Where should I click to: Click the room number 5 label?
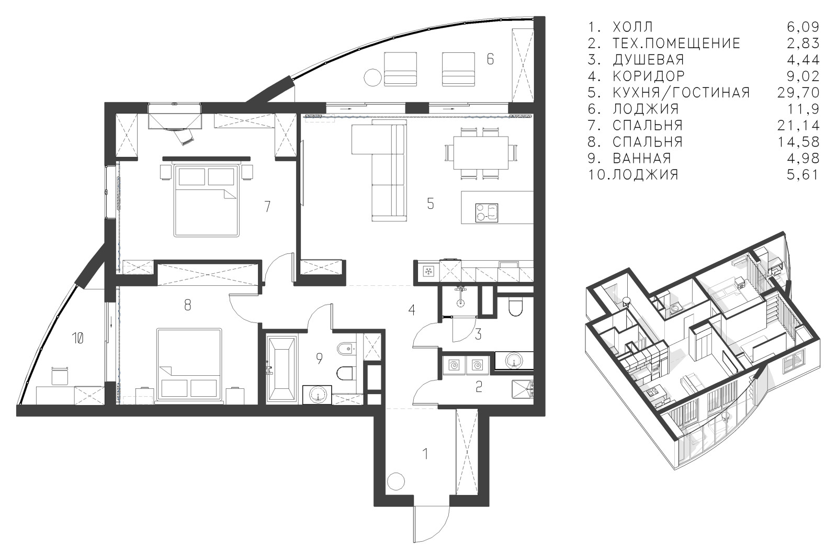click(431, 204)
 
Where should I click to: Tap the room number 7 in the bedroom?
click(267, 206)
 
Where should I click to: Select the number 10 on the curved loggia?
click(78, 339)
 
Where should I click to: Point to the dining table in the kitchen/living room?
click(481, 153)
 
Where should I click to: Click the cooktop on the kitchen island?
click(487, 213)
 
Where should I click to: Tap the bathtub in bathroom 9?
click(282, 369)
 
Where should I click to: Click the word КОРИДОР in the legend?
click(649, 76)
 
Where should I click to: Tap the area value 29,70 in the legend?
click(798, 92)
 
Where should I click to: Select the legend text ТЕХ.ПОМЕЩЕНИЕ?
click(676, 43)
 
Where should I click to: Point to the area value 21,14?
click(798, 125)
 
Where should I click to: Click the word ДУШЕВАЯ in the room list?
click(648, 60)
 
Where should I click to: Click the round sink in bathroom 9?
click(318, 395)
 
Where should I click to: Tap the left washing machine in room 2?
click(454, 365)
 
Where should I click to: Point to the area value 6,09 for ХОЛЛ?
click(803, 27)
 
